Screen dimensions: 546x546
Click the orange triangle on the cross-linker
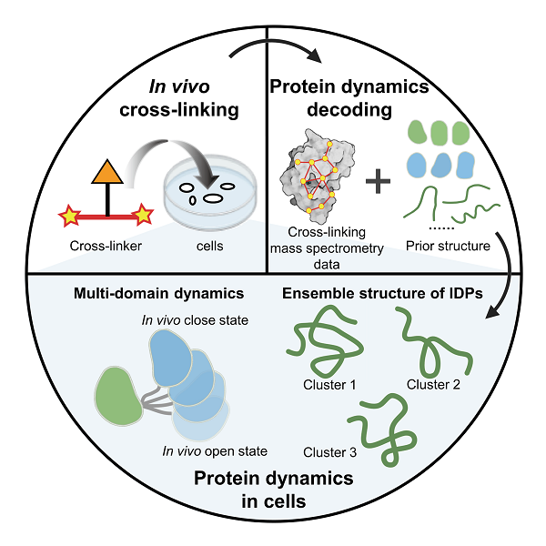click(x=107, y=174)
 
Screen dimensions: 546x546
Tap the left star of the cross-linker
click(x=70, y=217)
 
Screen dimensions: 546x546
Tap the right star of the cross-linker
click(x=142, y=217)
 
